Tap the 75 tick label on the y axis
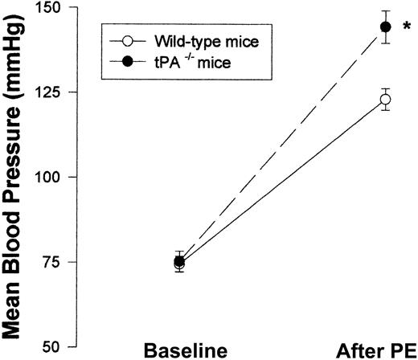click(x=59, y=262)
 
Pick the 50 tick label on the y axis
click(x=59, y=346)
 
